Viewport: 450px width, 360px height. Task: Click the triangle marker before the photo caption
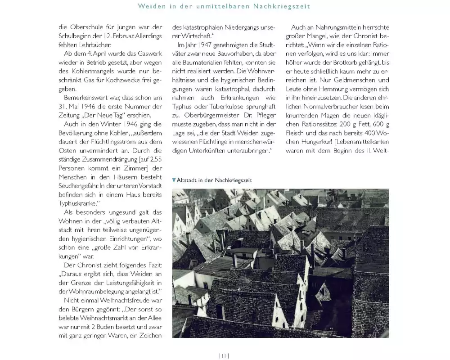174,180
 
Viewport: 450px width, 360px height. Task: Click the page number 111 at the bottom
224,355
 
